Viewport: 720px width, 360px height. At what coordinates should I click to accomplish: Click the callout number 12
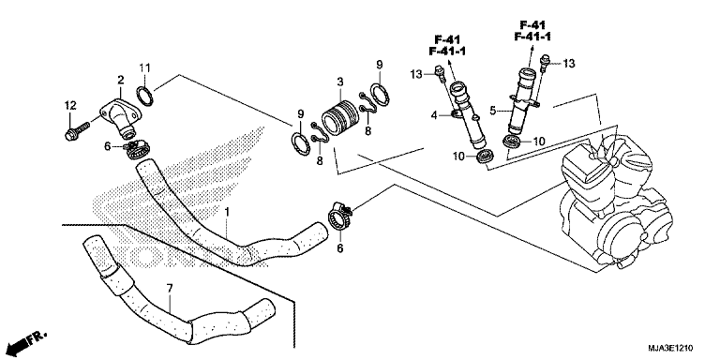[69, 106]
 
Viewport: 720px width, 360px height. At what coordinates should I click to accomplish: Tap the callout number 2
[121, 81]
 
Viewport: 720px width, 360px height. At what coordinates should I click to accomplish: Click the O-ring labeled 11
[145, 96]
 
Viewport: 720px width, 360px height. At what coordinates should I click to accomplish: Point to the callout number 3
[340, 82]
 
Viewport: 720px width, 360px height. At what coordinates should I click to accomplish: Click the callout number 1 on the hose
[227, 212]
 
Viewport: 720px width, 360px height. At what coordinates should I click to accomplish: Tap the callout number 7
[170, 289]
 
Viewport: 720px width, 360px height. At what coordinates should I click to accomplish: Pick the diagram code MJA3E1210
[670, 348]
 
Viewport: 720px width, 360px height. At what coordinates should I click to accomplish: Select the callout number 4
[434, 115]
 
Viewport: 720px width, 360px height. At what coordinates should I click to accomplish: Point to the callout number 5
[493, 111]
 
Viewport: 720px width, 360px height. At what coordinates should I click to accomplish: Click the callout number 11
[145, 68]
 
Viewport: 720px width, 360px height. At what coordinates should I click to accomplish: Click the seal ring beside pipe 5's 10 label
[512, 142]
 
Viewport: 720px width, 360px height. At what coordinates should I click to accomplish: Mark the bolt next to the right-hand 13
[545, 64]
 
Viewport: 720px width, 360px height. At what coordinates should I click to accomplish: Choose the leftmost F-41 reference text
[447, 40]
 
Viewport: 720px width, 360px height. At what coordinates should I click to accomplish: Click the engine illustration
[616, 202]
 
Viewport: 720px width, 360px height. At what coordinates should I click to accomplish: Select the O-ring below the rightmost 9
[380, 95]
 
